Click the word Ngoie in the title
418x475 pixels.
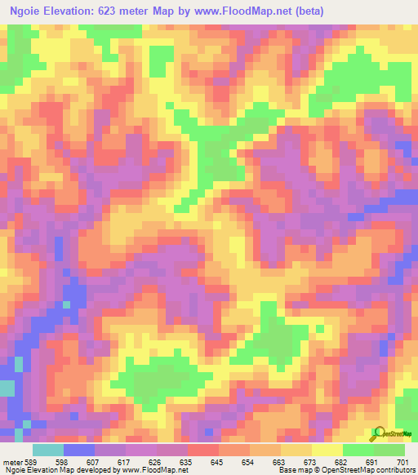[29, 12]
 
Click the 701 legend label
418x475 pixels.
[402, 461]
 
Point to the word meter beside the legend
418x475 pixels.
[13, 461]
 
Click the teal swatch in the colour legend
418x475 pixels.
[48, 450]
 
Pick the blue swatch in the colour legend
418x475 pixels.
[79, 450]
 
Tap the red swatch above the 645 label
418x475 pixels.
[203, 450]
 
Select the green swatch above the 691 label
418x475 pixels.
[358, 450]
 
